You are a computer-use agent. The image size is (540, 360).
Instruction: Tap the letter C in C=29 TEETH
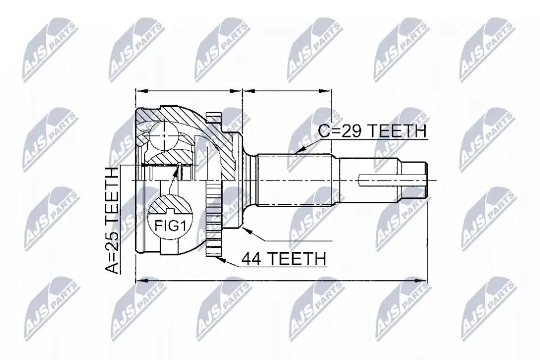tap(323, 131)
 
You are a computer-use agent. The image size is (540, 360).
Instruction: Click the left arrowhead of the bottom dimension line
tap(143, 281)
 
